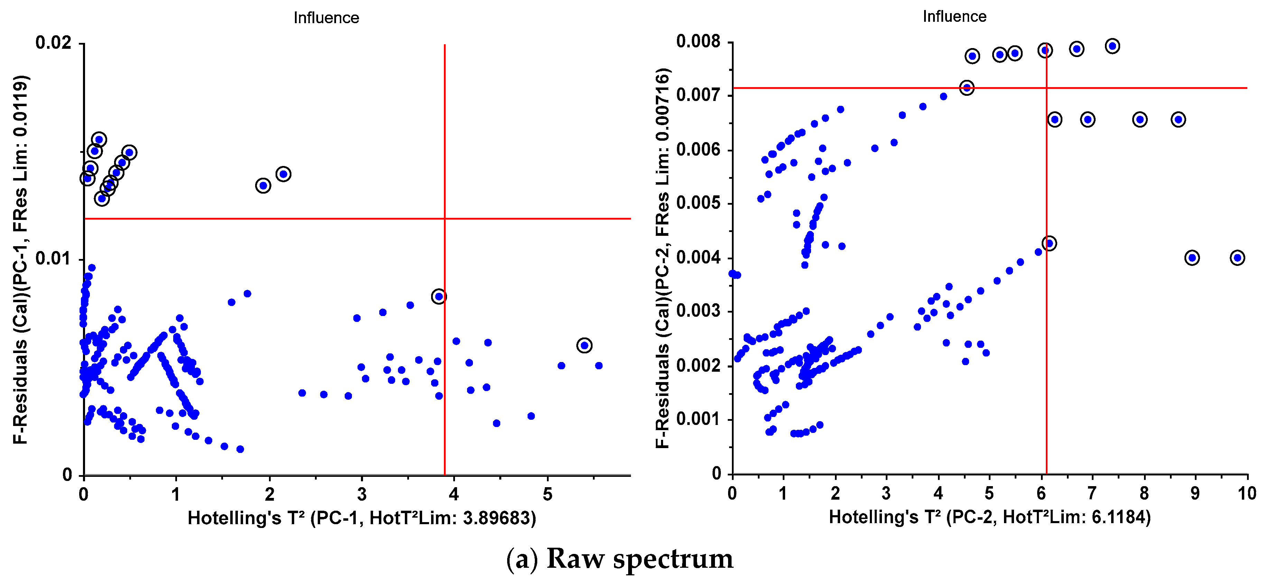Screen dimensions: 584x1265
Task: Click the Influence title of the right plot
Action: point(954,17)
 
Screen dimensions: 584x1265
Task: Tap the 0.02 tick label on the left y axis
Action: point(53,43)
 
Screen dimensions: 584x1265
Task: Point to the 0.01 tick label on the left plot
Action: point(53,258)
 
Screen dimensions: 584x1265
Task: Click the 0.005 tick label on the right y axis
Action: point(698,203)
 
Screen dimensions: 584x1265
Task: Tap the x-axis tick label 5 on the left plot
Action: point(547,494)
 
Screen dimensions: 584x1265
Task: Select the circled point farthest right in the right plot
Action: point(1237,257)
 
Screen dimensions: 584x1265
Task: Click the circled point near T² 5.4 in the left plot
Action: point(584,345)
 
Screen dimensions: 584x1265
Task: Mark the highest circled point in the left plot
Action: point(99,139)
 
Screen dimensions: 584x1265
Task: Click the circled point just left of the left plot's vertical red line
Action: point(438,296)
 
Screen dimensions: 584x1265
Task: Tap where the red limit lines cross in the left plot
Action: point(444,218)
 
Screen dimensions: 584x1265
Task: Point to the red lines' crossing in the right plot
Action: point(1047,88)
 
